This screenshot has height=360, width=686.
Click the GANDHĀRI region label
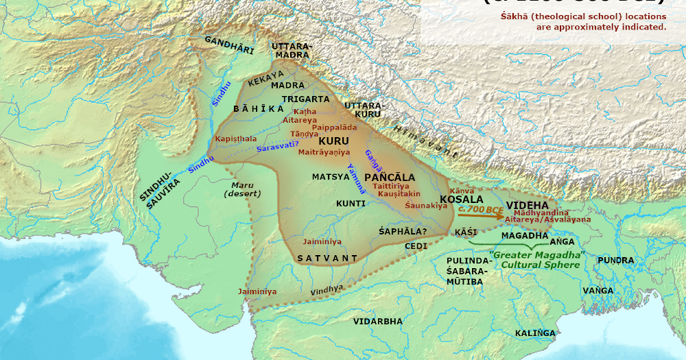(x=228, y=46)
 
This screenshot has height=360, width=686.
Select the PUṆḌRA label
(x=615, y=261)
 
